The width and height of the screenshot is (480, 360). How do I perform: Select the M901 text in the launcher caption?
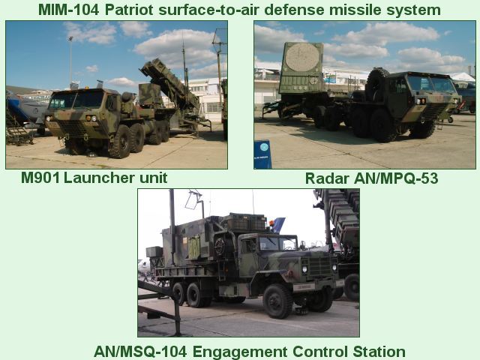40,178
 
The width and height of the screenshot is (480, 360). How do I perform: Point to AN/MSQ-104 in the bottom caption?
140,351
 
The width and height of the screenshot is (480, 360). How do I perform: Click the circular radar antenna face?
301,58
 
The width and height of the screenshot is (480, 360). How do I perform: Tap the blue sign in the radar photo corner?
262,154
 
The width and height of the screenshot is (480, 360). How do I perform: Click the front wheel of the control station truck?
278,300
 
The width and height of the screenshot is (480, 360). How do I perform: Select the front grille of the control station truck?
319,265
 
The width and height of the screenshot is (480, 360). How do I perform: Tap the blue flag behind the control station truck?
278,225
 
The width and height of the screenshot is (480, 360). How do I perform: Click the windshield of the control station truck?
277,244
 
